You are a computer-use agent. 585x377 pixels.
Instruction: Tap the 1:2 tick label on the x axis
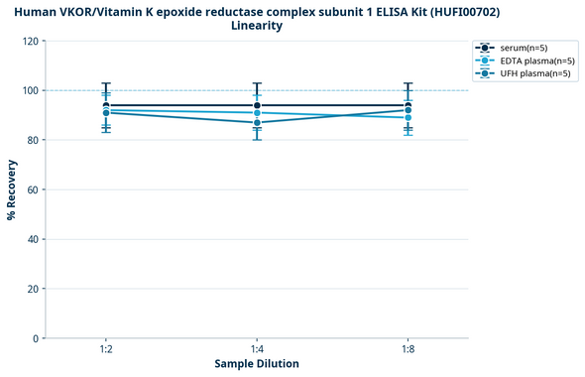click(x=106, y=349)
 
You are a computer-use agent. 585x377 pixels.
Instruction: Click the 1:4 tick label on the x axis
click(x=257, y=349)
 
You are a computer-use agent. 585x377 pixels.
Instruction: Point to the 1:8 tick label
click(x=408, y=349)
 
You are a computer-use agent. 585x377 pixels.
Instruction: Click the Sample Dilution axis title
click(x=257, y=364)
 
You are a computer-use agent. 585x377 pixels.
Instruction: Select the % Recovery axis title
click(x=12, y=189)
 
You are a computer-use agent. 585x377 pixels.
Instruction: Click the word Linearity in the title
click(x=257, y=26)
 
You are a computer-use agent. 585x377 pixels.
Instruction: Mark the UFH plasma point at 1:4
click(x=257, y=123)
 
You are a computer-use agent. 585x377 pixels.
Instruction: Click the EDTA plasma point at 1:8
click(x=408, y=118)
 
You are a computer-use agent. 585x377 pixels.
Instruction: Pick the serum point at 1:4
click(x=257, y=105)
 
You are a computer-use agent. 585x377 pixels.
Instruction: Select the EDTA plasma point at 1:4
click(x=257, y=113)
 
